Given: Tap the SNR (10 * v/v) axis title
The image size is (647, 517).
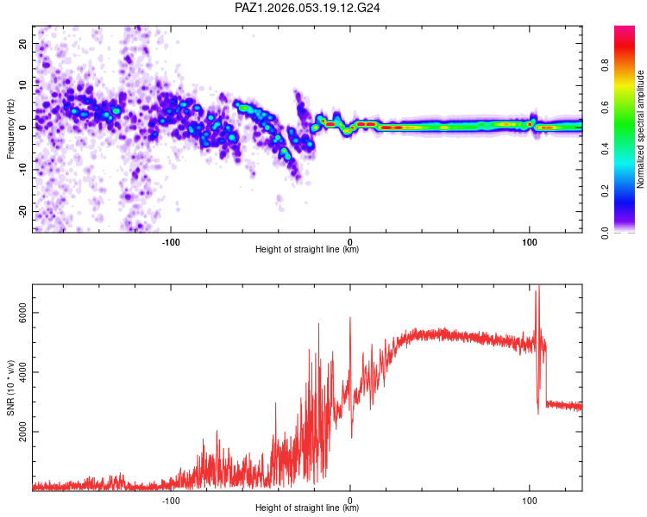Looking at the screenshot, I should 10,387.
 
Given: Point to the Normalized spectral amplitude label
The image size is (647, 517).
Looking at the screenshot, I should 640,129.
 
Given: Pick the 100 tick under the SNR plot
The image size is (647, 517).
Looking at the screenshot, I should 530,500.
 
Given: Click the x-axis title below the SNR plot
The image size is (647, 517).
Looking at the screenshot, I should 307,508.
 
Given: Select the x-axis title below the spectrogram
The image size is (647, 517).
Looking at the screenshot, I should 307,249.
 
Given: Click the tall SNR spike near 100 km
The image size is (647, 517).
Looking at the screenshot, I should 539,289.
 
